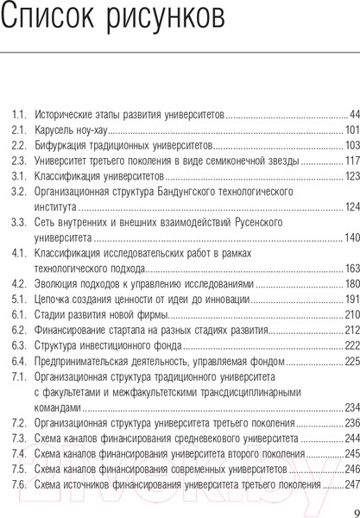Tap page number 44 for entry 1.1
click(353, 114)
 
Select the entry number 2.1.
click(19, 129)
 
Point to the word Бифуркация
click(60, 145)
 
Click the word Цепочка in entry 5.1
click(54, 300)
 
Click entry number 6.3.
click(19, 346)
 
